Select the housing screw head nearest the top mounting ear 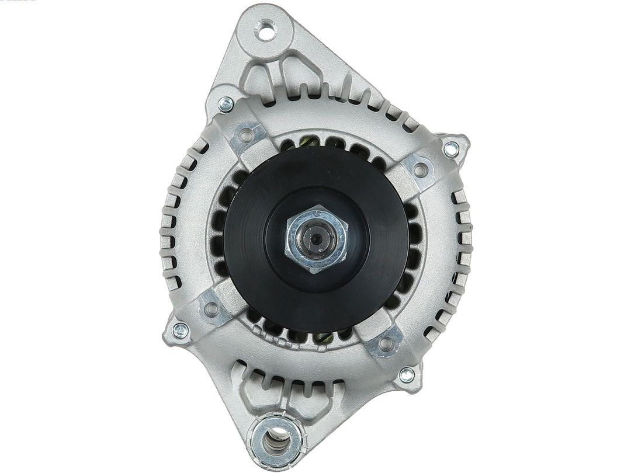226,105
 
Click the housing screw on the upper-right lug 450,149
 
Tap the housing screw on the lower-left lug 181,330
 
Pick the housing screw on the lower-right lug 406,375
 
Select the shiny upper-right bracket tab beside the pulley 418,170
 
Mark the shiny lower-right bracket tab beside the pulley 384,343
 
